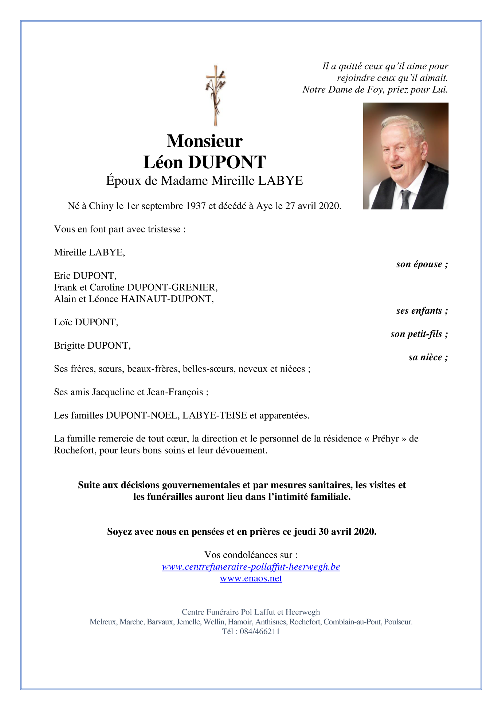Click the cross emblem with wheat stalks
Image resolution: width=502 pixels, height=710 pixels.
[x=216, y=95]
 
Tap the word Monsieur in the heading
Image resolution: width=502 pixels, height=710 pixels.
[x=204, y=141]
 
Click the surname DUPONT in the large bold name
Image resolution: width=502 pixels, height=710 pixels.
[x=227, y=162]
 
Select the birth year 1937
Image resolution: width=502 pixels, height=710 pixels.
[x=196, y=206]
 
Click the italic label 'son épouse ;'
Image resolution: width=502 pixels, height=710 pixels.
[x=422, y=264]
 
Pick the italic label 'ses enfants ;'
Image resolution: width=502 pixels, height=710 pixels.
[x=422, y=311]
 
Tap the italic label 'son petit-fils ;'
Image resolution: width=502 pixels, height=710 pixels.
[x=419, y=334]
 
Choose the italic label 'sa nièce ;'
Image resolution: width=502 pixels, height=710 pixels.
[x=428, y=357]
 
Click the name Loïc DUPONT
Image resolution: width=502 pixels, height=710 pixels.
[x=86, y=322]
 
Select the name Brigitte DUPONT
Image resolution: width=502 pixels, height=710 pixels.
[x=92, y=346]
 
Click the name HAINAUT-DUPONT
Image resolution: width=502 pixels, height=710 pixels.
[x=167, y=299]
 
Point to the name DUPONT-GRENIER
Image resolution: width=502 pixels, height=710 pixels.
[x=172, y=287]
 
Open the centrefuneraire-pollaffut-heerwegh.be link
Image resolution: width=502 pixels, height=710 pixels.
[x=251, y=567]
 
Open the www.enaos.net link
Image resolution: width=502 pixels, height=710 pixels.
[x=251, y=578]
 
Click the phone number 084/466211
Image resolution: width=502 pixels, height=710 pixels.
[x=260, y=632]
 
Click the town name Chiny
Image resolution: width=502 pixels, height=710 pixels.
[x=101, y=206]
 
